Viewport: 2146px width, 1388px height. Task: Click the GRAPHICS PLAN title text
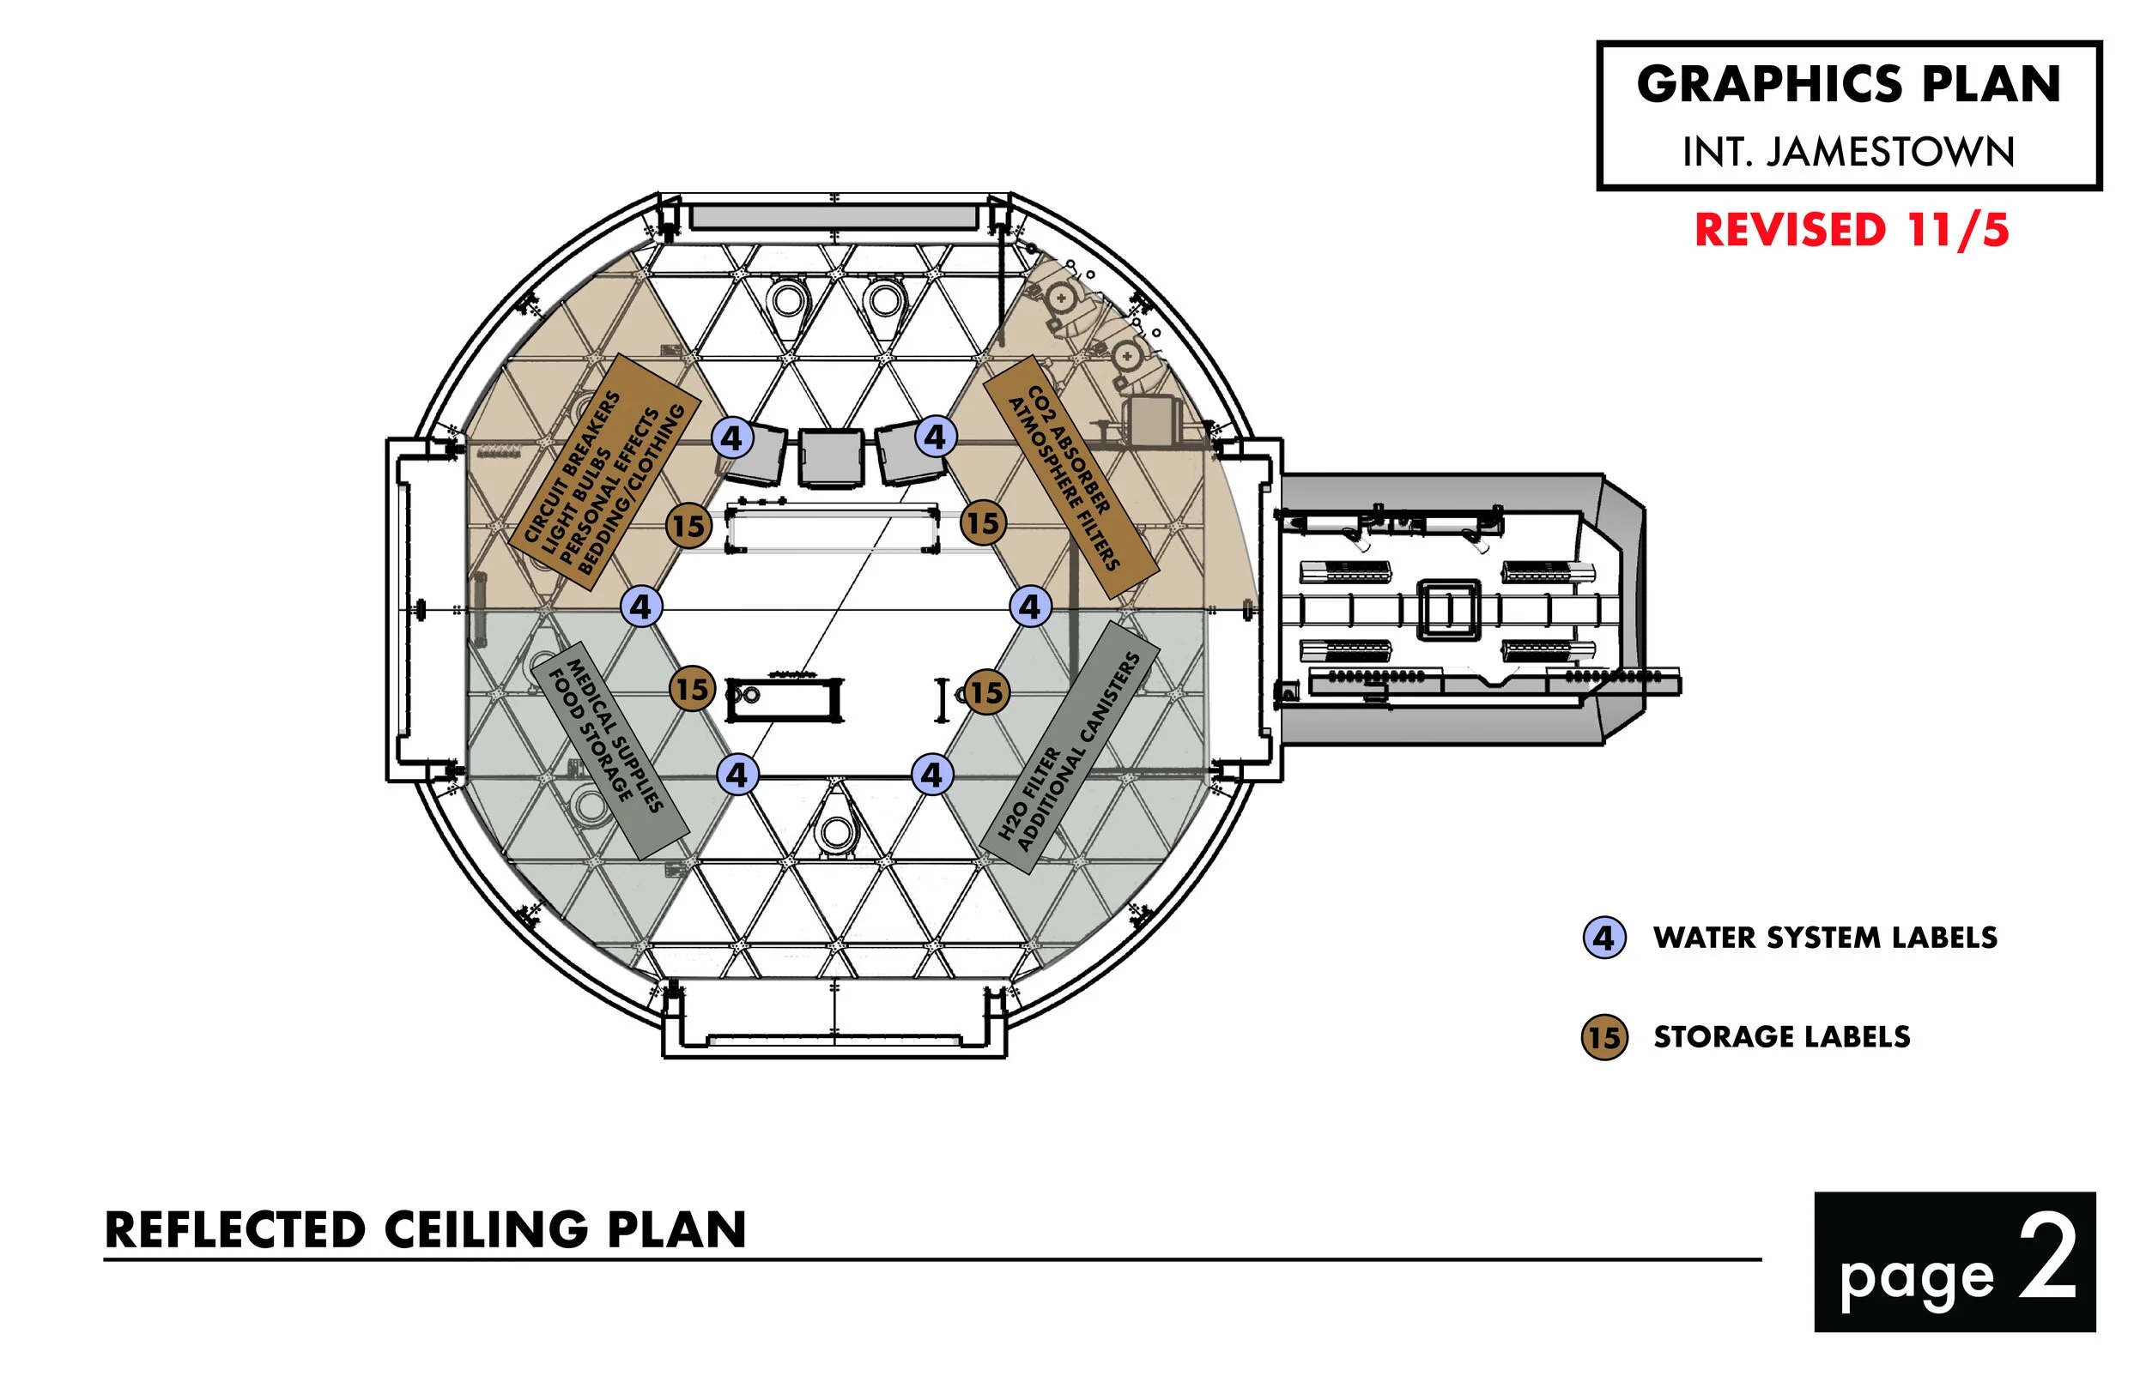click(x=1848, y=85)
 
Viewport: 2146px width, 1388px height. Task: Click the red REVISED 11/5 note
click(x=1852, y=230)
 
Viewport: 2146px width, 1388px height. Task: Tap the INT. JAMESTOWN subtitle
click(x=1848, y=152)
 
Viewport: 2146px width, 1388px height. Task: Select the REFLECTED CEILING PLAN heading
click(x=426, y=1229)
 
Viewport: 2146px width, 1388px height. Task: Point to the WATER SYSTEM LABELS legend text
click(x=1825, y=938)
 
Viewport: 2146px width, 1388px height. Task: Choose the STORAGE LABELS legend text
click(x=1782, y=1036)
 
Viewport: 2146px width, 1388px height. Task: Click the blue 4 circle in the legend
click(x=1604, y=938)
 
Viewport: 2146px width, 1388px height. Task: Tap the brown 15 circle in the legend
click(x=1604, y=1036)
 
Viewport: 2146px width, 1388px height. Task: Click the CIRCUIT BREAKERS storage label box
click(x=604, y=473)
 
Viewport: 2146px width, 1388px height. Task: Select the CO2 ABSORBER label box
click(x=1070, y=476)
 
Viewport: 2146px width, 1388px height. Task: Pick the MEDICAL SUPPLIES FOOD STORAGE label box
click(x=609, y=750)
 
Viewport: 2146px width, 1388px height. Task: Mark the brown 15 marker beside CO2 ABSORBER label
click(x=982, y=522)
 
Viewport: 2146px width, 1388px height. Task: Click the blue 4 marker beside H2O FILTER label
click(x=931, y=775)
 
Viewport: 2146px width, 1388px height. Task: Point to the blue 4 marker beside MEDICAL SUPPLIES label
click(x=737, y=775)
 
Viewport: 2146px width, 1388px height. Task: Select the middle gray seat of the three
click(x=830, y=457)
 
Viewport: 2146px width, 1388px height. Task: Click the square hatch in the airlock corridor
click(x=1449, y=609)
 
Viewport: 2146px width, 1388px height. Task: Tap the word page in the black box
click(x=1916, y=1278)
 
